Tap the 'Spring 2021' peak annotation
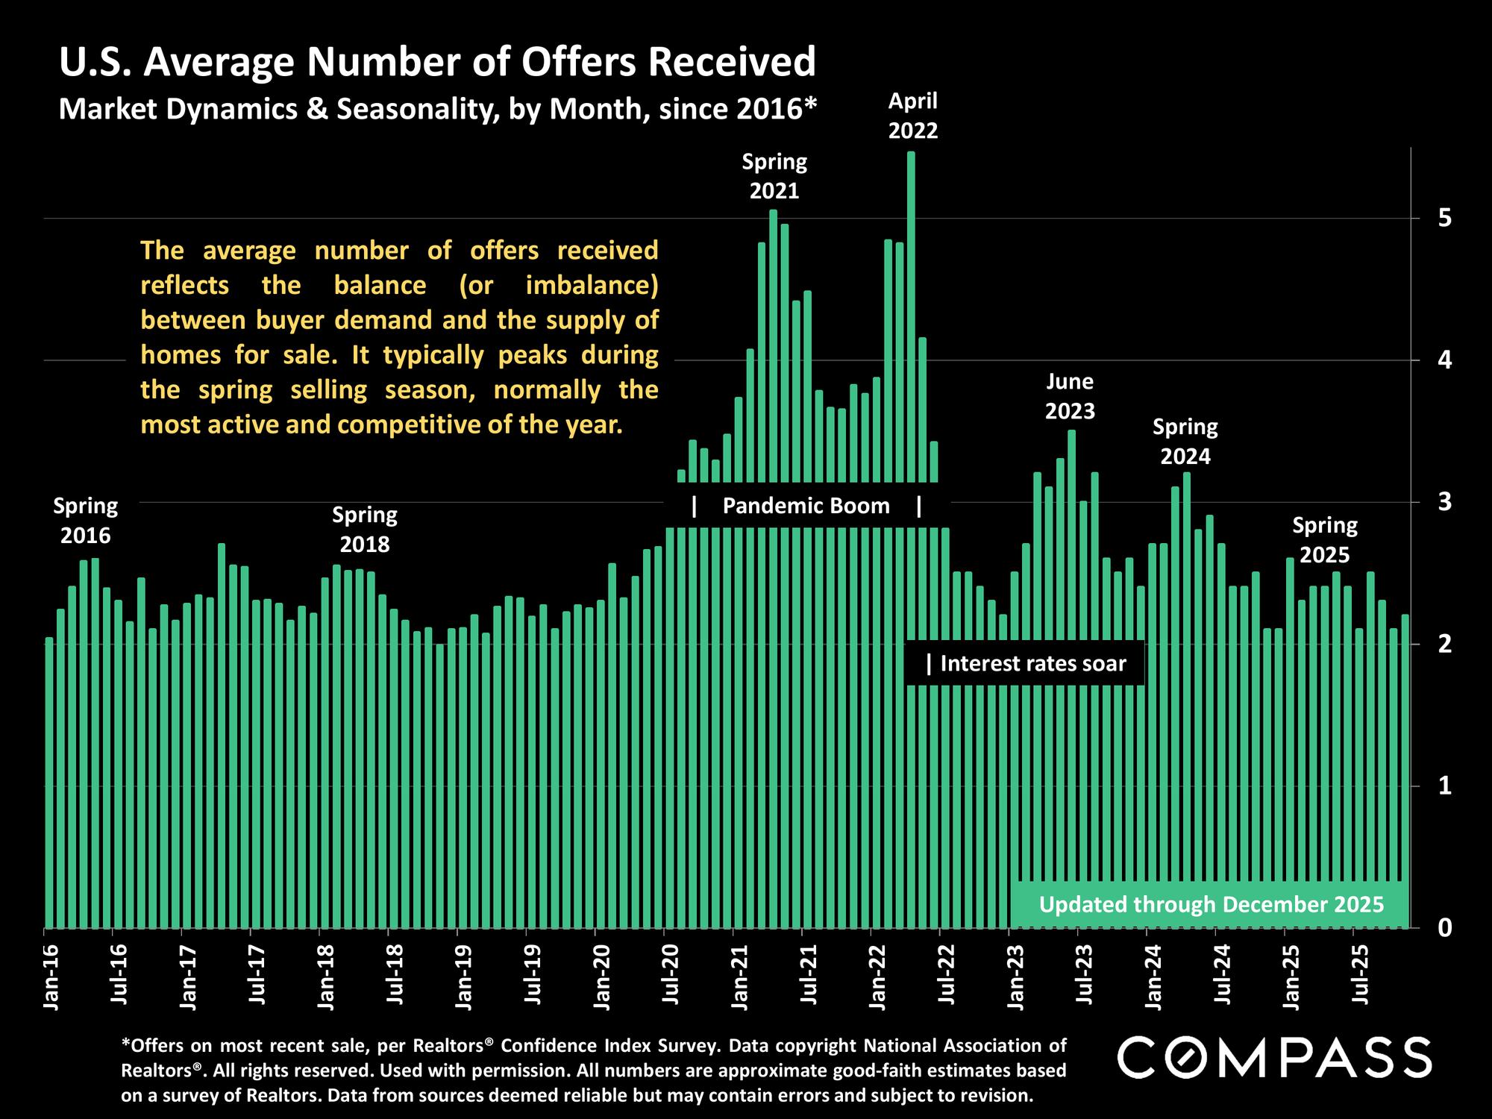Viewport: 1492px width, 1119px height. coord(774,176)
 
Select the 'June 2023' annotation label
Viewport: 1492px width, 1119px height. coord(1070,396)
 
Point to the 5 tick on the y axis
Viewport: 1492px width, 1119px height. coord(1445,218)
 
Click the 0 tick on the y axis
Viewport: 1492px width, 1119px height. coord(1445,927)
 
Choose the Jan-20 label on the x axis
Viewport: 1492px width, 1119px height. coord(601,977)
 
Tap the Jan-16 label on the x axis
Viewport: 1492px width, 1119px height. coord(51,977)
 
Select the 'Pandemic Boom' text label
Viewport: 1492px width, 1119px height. coord(806,507)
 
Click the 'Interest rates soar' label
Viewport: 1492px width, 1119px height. coord(1032,663)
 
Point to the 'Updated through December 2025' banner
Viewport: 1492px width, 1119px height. coord(1211,905)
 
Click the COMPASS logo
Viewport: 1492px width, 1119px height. coord(1273,1056)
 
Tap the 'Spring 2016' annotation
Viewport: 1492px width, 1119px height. coord(85,521)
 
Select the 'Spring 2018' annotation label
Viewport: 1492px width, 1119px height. coord(365,530)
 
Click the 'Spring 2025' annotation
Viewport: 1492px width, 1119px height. coord(1325,540)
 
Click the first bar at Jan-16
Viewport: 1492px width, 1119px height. coord(49,783)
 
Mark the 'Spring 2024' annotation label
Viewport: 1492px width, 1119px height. coord(1185,442)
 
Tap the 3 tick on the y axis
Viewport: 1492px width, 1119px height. coord(1445,502)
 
